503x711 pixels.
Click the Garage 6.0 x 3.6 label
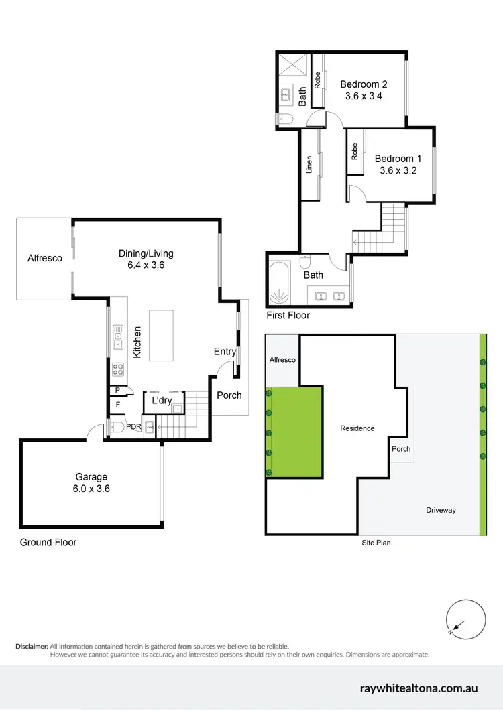(91, 482)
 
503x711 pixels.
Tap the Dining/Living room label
(146, 259)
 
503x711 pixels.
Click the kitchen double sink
(118, 337)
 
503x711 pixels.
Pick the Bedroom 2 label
(364, 90)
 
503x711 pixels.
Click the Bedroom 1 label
(398, 164)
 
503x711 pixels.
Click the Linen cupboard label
(310, 165)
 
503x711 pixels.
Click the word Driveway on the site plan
(441, 510)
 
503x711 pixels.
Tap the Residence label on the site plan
(357, 428)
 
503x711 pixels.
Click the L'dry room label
(162, 401)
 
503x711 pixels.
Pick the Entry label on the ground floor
(225, 352)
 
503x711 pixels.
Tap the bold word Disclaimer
(32, 646)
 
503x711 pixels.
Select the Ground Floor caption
(48, 542)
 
